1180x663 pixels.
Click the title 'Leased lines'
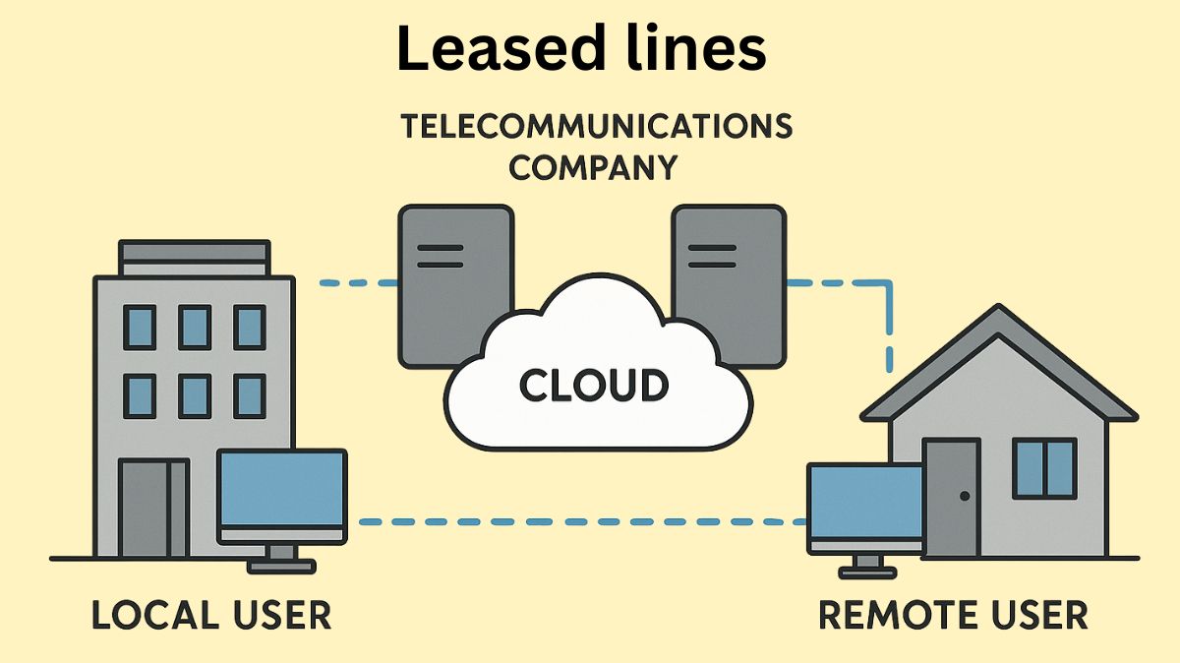(580, 49)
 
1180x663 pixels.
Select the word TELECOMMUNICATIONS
(596, 127)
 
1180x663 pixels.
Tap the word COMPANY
(593, 167)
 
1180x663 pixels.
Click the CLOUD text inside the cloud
(594, 386)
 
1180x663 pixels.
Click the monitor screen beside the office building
(281, 489)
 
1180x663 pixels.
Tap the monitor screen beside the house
(863, 502)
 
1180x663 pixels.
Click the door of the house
(952, 497)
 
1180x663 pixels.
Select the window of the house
(1044, 468)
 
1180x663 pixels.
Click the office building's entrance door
(152, 507)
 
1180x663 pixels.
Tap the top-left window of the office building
(140, 327)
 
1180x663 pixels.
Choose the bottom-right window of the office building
(249, 394)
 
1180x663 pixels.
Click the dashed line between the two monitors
(580, 521)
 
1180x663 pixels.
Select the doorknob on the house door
(965, 496)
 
